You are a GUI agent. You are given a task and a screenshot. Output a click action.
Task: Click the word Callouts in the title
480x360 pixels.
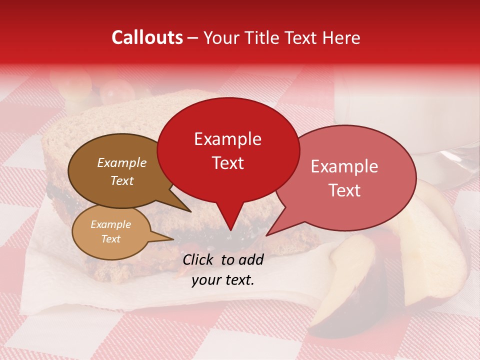[x=147, y=37]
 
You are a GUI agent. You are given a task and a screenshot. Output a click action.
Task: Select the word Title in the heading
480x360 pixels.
[x=262, y=37]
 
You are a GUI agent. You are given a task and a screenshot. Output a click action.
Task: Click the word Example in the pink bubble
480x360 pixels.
[x=344, y=166]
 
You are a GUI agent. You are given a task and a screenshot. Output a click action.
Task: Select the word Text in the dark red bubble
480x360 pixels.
[x=228, y=163]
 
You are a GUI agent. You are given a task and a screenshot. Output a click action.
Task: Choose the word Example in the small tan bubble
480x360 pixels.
[x=110, y=224]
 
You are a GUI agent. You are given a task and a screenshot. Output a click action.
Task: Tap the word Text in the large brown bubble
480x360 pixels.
[x=122, y=180]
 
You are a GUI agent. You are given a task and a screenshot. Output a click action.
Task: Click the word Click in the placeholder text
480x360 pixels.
[x=199, y=259]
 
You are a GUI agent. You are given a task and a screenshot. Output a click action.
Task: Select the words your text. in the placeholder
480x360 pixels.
[x=223, y=280]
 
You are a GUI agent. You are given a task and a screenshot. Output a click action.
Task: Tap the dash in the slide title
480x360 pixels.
[x=193, y=38]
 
